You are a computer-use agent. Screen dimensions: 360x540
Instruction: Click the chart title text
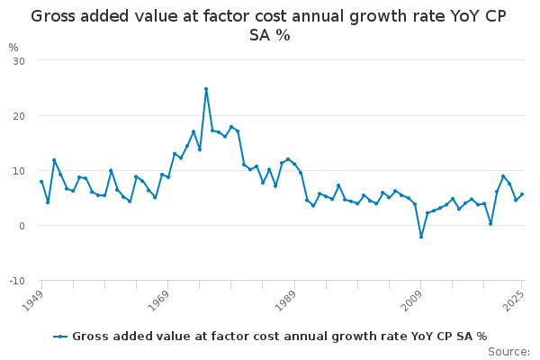[270, 25]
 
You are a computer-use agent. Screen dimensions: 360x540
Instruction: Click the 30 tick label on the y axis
[18, 60]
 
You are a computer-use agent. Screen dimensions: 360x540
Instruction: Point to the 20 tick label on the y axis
[18, 116]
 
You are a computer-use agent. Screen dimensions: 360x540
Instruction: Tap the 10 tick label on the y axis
[18, 171]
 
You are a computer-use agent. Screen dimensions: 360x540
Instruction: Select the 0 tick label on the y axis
[21, 226]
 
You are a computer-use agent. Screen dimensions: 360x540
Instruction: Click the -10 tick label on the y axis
[16, 281]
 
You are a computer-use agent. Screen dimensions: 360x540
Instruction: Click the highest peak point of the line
[206, 89]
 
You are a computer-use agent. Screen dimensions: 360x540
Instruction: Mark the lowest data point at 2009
[421, 237]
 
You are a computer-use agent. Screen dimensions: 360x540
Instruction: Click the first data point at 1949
[41, 182]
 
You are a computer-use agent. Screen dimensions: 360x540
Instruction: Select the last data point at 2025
[522, 194]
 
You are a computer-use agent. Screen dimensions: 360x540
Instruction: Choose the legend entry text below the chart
[279, 337]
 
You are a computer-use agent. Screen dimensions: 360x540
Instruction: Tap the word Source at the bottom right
[508, 351]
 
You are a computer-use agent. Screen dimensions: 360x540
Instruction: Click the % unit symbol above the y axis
[13, 47]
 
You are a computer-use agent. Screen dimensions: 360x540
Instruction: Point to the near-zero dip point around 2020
[490, 223]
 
